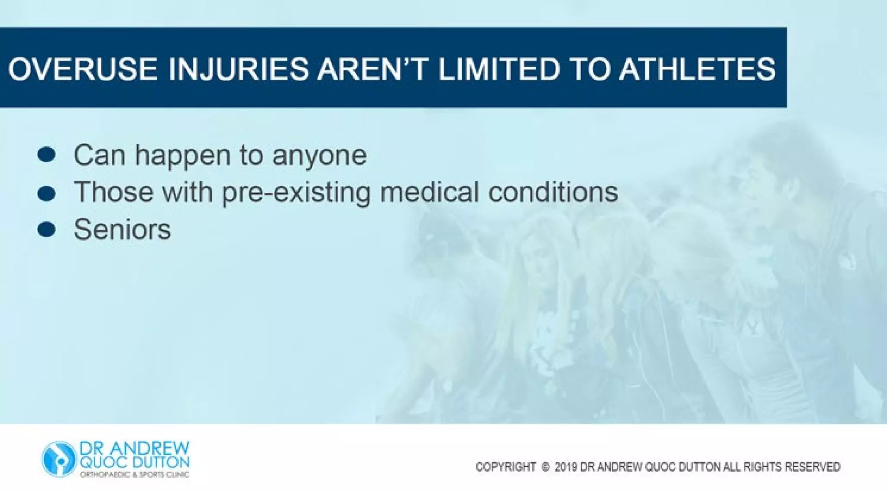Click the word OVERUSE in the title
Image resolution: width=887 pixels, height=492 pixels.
pos(82,69)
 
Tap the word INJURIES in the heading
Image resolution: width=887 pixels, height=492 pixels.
pos(238,69)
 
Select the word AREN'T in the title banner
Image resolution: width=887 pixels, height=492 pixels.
pos(372,69)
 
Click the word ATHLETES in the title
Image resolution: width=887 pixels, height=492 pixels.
pos(697,69)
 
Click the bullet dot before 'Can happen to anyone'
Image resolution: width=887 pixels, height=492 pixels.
pos(46,155)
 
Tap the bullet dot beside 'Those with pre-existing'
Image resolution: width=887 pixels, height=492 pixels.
pos(46,193)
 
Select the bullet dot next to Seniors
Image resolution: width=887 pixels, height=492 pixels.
pos(46,230)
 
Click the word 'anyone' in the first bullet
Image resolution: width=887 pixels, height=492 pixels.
pos(319,156)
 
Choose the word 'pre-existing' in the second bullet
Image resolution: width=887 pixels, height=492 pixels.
pos(296,193)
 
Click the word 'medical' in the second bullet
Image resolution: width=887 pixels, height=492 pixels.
pos(429,192)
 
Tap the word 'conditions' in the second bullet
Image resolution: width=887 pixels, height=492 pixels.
pos(553,192)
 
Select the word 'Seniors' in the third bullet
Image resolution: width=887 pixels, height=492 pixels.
pos(122,230)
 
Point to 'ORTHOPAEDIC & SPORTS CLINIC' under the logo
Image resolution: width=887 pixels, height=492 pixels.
pos(134,475)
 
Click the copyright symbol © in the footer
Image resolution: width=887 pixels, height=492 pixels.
pos(545,467)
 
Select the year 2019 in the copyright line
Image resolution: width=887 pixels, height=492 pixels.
pos(566,467)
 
